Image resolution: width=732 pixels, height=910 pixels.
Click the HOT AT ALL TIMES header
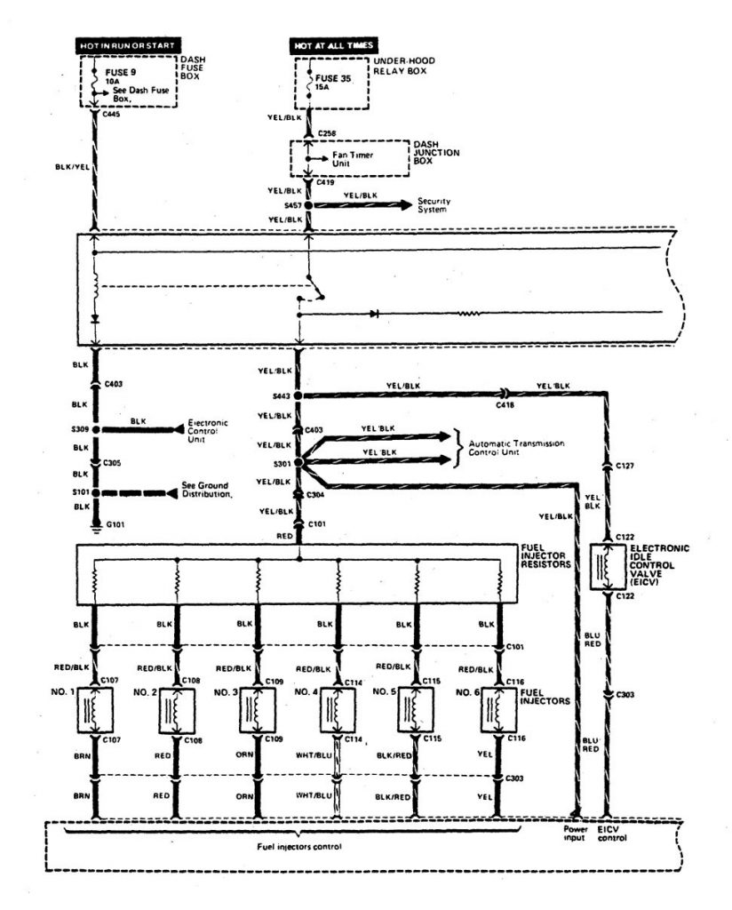tap(335, 44)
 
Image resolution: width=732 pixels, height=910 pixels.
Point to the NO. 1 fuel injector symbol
tap(95, 709)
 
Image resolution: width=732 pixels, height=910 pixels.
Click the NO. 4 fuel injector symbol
tap(338, 709)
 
